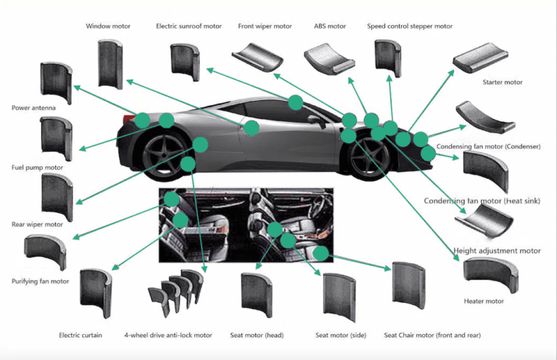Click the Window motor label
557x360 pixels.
pos(108,26)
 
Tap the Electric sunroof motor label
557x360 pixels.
pos(189,26)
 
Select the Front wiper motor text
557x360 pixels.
pos(265,26)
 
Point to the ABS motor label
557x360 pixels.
pos(330,26)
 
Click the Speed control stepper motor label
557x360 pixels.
pos(410,26)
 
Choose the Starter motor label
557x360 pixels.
pos(503,82)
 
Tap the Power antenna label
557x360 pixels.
pos(35,108)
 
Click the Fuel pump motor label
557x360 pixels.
pos(37,168)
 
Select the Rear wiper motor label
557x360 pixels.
pos(37,224)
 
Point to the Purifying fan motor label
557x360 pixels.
pos(40,281)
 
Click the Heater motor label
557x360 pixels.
pos(484,300)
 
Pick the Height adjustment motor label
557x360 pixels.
pos(497,251)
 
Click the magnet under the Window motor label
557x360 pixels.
pos(110,65)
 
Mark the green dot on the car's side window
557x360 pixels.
pos(296,102)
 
